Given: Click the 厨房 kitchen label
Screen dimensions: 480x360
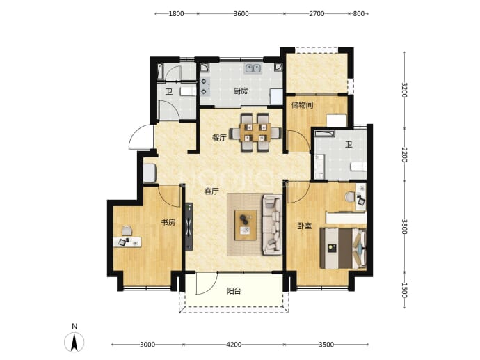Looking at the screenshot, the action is coord(241,91).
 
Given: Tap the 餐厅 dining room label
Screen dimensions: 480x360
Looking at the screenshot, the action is coord(219,138).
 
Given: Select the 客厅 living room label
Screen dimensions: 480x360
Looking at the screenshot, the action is coord(211,191).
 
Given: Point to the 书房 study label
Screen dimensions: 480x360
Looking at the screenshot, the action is coord(168,222).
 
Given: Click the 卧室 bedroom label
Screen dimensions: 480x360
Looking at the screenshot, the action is coord(305,226).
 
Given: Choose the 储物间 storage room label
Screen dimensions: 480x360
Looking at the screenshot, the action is coord(303,105).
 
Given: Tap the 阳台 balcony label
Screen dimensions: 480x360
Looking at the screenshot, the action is coord(234,291).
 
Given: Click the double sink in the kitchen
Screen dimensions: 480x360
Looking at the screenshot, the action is coord(253,68).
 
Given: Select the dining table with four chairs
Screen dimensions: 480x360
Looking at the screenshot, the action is coord(255,133).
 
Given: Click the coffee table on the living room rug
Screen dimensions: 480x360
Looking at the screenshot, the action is coord(246,225).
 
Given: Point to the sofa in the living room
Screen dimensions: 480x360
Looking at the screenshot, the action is coord(272,225).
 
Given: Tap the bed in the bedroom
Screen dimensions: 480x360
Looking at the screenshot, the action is coord(343,248).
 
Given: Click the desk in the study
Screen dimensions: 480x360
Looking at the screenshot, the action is coord(127,242).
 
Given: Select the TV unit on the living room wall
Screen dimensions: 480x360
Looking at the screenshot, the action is coord(189,226).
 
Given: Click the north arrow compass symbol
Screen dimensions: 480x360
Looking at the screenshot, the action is coord(74,342).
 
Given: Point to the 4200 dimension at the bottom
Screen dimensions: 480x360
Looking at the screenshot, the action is coord(234,345).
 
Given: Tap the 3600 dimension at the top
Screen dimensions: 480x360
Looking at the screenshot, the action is coord(241,13).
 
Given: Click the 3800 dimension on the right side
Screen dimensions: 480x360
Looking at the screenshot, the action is coord(405,226).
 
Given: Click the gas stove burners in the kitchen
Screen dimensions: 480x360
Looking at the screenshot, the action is coord(205,86).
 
